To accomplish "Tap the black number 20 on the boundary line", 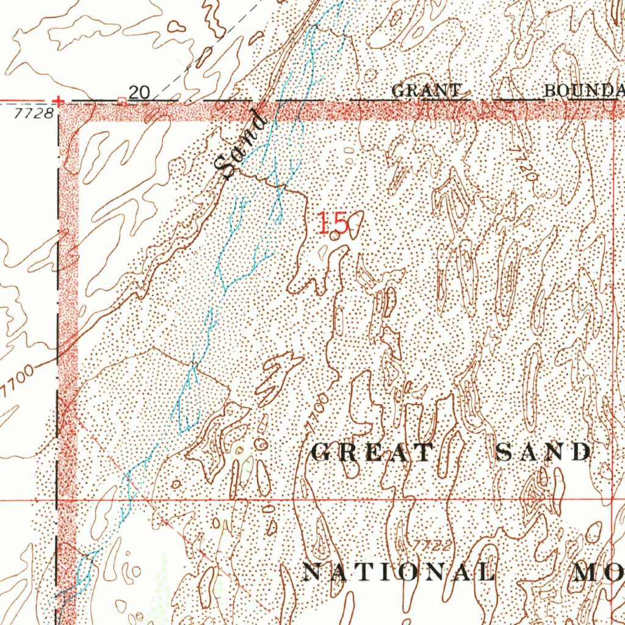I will [x=140, y=92].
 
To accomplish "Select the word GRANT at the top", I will [x=425, y=91].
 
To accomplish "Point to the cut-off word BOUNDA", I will [x=583, y=91].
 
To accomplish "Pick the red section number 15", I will [x=333, y=224].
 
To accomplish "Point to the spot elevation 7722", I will [x=432, y=544].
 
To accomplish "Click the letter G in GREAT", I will [x=321, y=452].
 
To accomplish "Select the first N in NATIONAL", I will [x=312, y=572].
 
